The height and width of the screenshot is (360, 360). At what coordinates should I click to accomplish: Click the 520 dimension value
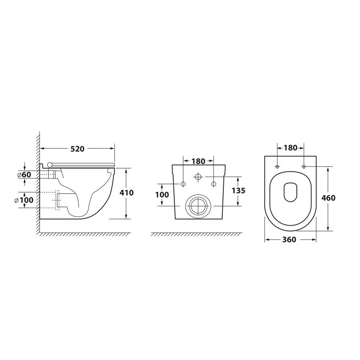[x=77, y=149]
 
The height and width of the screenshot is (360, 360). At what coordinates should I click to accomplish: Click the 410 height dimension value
[x=126, y=193]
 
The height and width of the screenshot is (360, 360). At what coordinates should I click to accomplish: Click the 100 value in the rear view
[x=162, y=195]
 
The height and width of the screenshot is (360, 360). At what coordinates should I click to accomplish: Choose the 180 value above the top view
[x=291, y=148]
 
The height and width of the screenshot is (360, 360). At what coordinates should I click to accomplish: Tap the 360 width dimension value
[x=289, y=240]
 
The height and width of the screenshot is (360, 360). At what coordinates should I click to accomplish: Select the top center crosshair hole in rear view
[x=198, y=177]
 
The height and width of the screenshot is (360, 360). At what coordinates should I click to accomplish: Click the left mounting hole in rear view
[x=183, y=184]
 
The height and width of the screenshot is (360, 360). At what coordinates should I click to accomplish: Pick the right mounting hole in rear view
[x=213, y=184]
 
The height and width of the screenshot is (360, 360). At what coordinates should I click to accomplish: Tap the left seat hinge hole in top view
[x=277, y=166]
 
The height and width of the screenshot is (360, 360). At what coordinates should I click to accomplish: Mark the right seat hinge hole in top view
[x=304, y=166]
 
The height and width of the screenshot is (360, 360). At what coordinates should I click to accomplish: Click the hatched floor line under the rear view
[x=197, y=234]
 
